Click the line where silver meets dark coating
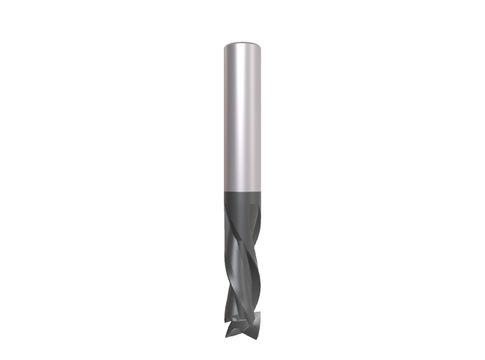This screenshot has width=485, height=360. pos(241,190)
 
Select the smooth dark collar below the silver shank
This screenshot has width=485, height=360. pos(241,199)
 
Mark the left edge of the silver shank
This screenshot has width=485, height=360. pos(224,115)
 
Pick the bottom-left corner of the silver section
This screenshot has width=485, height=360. pos(224,189)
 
